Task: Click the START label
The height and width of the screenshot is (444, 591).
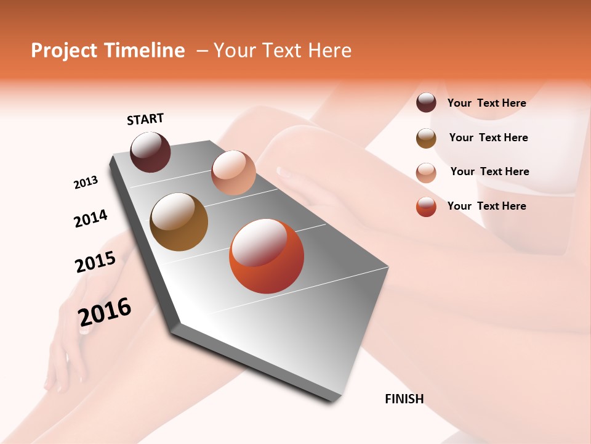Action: [145, 119]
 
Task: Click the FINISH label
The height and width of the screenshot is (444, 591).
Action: [404, 399]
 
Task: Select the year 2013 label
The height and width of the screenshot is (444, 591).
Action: [86, 183]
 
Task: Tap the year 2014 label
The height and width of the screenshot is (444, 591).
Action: [90, 218]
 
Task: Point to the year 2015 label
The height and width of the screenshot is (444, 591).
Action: [95, 262]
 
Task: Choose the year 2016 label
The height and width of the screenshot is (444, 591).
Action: [105, 311]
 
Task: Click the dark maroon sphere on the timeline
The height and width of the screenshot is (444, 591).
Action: [150, 152]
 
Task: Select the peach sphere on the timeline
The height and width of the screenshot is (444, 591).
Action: [233, 173]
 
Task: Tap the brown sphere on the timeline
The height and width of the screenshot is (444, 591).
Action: [179, 222]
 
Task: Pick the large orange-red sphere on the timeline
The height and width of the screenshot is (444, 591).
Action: [267, 256]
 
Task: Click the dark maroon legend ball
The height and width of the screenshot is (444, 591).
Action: [426, 103]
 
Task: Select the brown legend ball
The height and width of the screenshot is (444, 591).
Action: [426, 138]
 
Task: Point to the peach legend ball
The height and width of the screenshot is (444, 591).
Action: [426, 173]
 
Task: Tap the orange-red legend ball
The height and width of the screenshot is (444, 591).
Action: [426, 207]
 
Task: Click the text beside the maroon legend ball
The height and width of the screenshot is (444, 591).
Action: [486, 103]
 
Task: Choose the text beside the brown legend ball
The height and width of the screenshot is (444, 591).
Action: [488, 138]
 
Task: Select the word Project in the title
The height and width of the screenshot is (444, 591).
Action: [64, 51]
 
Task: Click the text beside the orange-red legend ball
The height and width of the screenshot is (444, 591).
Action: [486, 206]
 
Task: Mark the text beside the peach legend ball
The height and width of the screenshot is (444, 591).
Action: [489, 171]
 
